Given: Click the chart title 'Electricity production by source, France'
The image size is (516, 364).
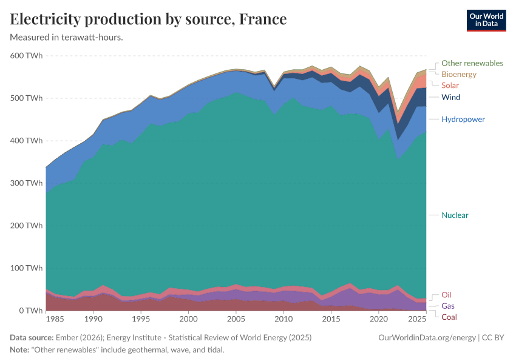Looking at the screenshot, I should [x=148, y=19].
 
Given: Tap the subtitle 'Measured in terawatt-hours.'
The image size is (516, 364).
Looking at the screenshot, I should [x=67, y=38].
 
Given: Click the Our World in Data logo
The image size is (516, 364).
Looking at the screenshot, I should [x=486, y=19].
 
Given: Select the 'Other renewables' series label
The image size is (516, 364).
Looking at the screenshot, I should [x=472, y=63].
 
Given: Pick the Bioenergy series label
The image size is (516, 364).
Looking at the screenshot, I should [x=458, y=74].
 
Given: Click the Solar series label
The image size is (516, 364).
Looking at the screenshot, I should [x=450, y=86].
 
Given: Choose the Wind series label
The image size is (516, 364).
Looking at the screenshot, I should [x=450, y=97].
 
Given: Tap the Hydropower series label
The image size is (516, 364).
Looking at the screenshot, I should [x=463, y=120].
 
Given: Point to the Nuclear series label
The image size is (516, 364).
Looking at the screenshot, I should [x=455, y=215].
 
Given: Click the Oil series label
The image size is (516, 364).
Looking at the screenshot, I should [x=446, y=295].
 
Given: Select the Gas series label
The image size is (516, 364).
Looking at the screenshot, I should [x=447, y=306].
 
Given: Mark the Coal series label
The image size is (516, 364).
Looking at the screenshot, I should [x=449, y=317].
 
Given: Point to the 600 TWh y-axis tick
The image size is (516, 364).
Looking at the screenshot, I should [x=25, y=56].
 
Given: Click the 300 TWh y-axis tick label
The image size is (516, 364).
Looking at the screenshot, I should [x=25, y=183].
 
